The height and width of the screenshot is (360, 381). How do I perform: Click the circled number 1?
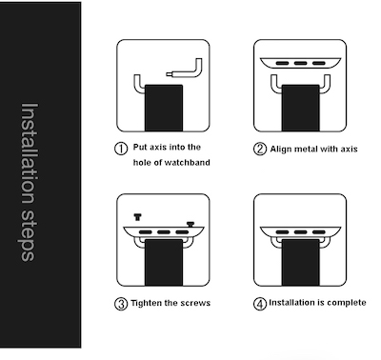pyautogui.click(x=121, y=149)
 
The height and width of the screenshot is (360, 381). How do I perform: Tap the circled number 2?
pyautogui.click(x=260, y=149)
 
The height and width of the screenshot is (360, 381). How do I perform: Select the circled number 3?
pyautogui.click(x=121, y=304)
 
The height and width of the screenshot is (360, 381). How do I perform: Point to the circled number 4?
pyautogui.click(x=260, y=304)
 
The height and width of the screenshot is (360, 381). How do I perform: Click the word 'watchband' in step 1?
pyautogui.click(x=188, y=163)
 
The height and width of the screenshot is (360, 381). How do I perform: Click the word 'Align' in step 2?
pyautogui.click(x=281, y=150)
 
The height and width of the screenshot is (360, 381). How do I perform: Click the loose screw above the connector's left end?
pyautogui.click(x=137, y=217)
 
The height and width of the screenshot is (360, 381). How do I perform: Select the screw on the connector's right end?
pyautogui.click(x=190, y=225)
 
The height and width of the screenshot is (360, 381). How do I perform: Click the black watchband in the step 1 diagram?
pyautogui.click(x=164, y=108)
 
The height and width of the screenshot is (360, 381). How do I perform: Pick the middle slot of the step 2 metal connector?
pyautogui.click(x=300, y=63)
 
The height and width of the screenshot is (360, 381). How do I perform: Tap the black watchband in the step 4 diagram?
pyautogui.click(x=300, y=262)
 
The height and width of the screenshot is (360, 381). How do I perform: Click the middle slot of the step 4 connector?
pyautogui.click(x=300, y=232)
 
